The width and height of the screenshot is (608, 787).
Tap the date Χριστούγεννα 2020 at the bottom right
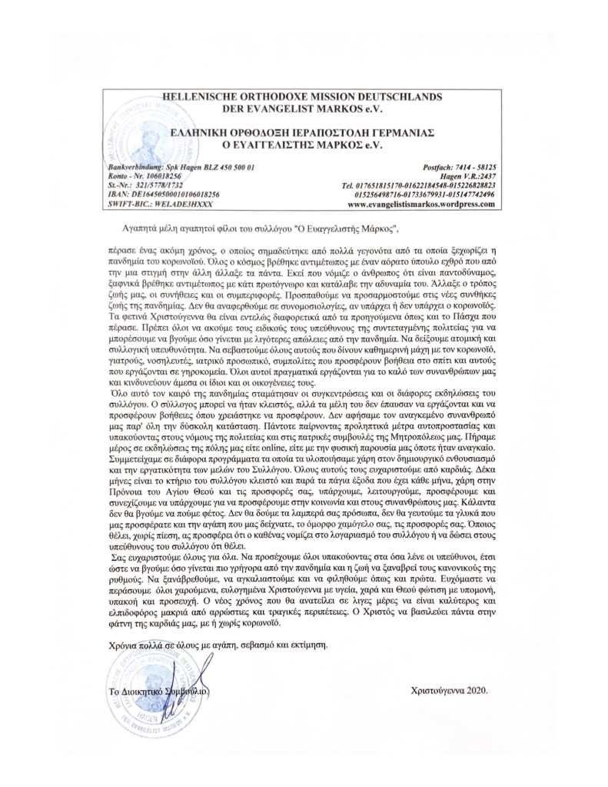[x=450, y=689]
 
